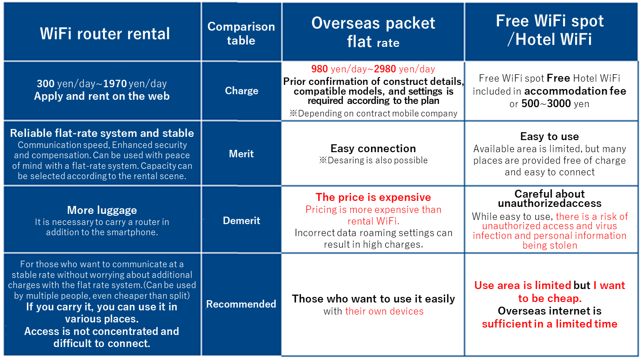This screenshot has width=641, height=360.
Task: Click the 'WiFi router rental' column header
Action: [x=105, y=34]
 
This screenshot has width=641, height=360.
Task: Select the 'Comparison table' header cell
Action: [x=241, y=33]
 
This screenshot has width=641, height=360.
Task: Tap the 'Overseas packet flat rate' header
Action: [x=373, y=32]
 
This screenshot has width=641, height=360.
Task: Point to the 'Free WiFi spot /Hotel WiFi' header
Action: [x=550, y=30]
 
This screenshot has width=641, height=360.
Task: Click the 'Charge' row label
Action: [x=242, y=91]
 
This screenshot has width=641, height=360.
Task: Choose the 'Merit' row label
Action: [x=241, y=154]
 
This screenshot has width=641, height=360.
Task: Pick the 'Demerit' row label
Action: [x=242, y=221]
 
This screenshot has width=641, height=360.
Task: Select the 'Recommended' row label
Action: [x=241, y=304]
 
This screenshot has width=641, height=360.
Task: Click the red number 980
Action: [x=320, y=69]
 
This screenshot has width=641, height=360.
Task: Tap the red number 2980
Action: [x=385, y=69]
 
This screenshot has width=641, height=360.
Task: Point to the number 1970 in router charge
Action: [x=115, y=84]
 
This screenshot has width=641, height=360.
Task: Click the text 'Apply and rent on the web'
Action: [x=102, y=96]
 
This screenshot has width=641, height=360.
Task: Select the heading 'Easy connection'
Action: [x=373, y=148]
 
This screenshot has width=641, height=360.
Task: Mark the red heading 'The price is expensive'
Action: [x=373, y=197]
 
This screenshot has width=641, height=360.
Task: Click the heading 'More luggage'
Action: [x=102, y=210]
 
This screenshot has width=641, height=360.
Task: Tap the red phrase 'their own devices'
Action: [x=385, y=311]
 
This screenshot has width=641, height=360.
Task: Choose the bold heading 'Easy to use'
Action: [x=550, y=136]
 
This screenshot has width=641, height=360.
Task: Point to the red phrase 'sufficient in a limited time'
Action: [x=550, y=324]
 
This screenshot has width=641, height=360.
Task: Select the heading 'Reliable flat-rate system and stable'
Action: [x=102, y=133]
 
